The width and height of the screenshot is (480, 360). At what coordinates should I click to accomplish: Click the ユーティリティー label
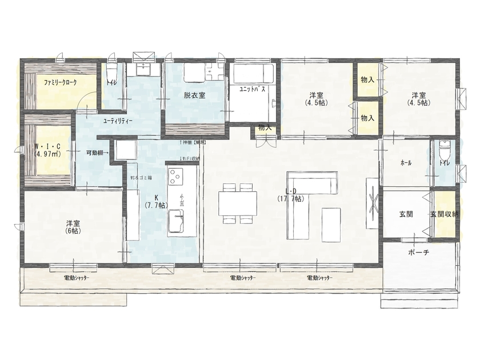(x=118, y=121)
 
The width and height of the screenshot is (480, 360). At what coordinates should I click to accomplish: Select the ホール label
(x=406, y=163)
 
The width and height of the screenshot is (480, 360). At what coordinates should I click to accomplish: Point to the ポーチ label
(x=419, y=252)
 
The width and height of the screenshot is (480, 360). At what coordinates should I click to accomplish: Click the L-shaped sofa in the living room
(x=306, y=200)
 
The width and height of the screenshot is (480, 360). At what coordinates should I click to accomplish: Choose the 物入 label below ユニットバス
(x=265, y=127)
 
